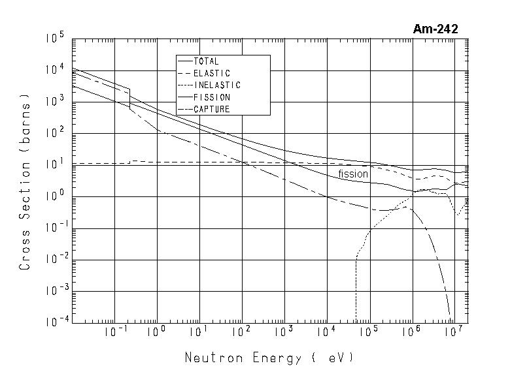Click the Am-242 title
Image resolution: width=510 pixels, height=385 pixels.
tap(435, 29)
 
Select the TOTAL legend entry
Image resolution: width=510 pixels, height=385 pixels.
tap(207, 61)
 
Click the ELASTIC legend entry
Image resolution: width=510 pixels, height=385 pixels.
tap(212, 73)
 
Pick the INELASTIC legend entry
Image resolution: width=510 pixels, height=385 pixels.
tap(217, 85)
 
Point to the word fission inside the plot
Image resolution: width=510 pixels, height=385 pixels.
tap(353, 174)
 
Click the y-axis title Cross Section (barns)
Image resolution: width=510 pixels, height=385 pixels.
tap(25, 183)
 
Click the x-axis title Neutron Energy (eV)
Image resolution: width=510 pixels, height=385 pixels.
tap(269, 358)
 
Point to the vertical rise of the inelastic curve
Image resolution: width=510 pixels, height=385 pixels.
tap(356, 287)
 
